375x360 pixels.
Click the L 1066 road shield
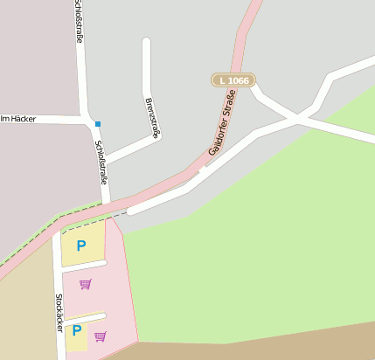tap(233, 80)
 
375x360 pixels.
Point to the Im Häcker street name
tap(18, 118)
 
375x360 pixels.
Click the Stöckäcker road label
tap(59, 312)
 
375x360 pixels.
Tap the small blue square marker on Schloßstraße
tap(98, 124)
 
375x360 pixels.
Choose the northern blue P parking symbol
tap(81, 246)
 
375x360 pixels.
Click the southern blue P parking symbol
tap(77, 330)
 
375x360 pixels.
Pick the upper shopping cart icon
tap(85, 283)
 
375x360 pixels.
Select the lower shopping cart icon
tap(101, 336)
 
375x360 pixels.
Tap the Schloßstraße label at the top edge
tap(79, 16)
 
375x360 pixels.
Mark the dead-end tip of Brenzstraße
tap(146, 41)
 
